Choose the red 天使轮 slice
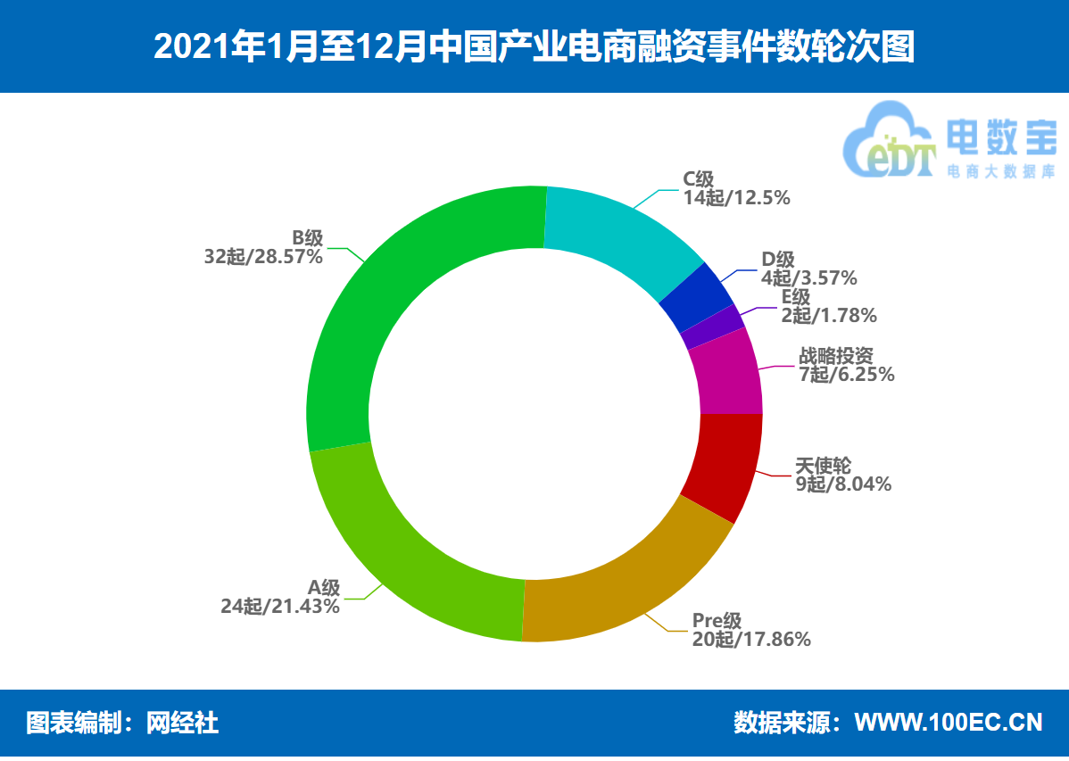721,464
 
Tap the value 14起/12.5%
737,198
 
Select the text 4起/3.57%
808,278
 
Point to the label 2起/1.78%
829,315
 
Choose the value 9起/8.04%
843,484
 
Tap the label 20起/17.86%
751,639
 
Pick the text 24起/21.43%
280,607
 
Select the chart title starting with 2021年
534,46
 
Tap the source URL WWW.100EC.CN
949,722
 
